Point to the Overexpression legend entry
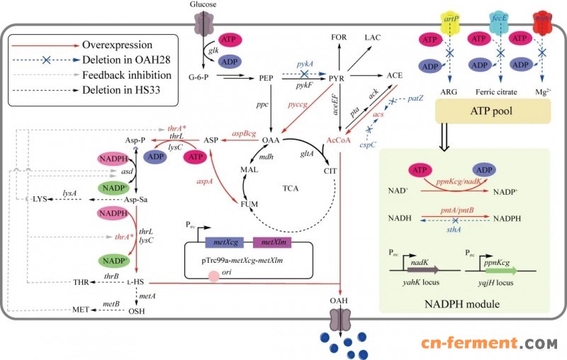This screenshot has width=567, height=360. point(93,43)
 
